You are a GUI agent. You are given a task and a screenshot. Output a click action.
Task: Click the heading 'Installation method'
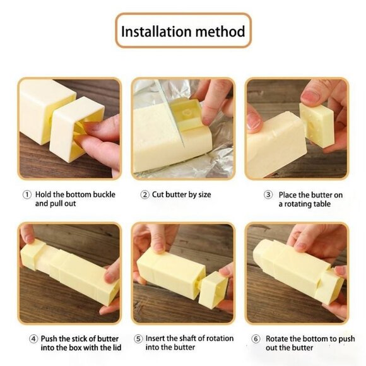[x=183, y=31]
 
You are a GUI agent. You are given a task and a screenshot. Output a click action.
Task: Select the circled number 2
[x=145, y=194]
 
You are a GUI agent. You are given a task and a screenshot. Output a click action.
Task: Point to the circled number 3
[x=268, y=195]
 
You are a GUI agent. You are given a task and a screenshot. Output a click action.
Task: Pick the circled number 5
[x=138, y=338]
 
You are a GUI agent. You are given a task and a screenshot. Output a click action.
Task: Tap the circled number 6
[x=256, y=338]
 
